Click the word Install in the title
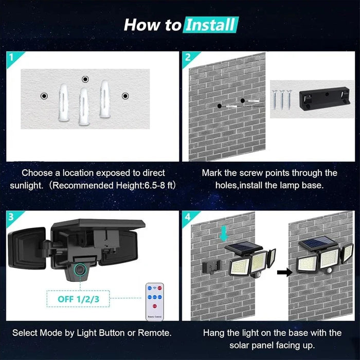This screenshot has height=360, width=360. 211,24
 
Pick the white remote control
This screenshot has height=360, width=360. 154,300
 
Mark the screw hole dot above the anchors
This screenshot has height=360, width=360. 85,79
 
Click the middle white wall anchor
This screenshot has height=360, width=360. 84,106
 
